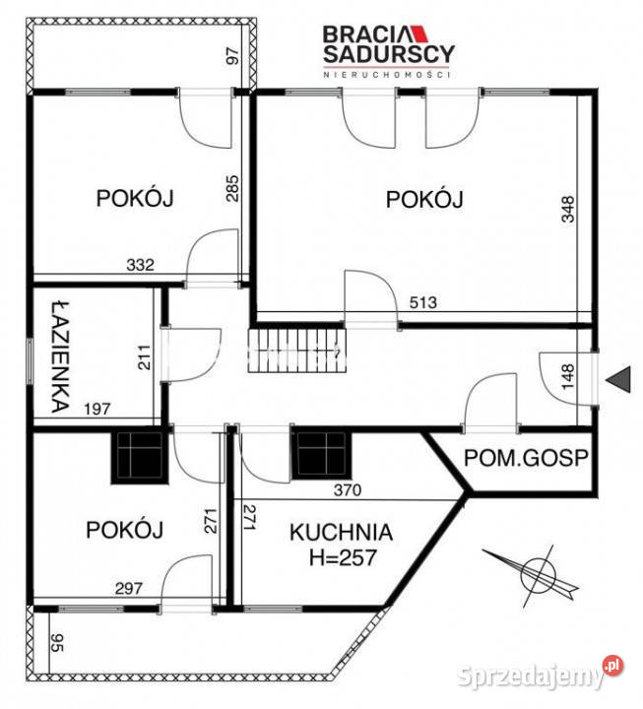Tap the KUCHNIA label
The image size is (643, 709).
tap(342, 533)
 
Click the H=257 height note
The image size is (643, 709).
tap(334, 557)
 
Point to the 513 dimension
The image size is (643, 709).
tap(418, 302)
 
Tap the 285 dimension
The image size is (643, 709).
tap(233, 189)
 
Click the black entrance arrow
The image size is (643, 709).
tap(617, 378)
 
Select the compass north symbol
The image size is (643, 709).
tap(538, 571)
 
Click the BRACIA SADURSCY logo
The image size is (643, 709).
tap(388, 48)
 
